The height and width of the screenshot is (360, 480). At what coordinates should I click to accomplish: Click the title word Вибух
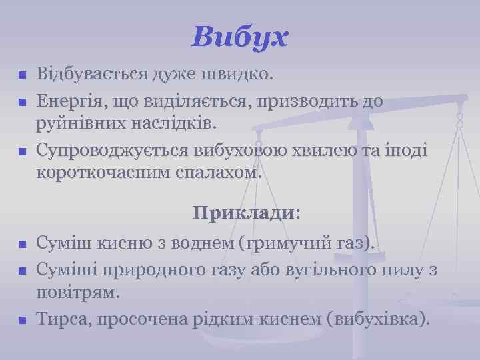(x=239, y=37)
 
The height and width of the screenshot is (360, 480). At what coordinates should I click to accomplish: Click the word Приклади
(x=243, y=213)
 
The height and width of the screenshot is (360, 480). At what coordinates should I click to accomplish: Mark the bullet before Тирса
(x=22, y=321)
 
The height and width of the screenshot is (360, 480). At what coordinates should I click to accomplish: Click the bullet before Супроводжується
(x=22, y=152)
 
